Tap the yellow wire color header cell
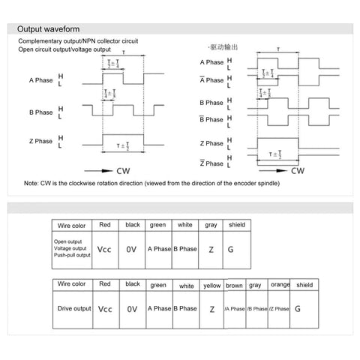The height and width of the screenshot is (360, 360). point(212,285)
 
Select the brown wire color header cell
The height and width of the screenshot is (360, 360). point(235,285)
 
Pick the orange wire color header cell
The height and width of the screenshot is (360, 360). point(280,285)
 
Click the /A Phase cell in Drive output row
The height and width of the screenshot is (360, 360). point(235,309)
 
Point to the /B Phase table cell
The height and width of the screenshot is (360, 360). point(257,309)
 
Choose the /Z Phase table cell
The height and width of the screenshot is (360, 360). point(280,309)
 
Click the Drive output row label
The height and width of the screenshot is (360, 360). point(73,308)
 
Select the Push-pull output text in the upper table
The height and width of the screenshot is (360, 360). point(72,256)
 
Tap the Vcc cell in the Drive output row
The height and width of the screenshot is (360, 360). point(105,308)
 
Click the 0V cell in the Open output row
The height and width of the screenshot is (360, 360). point(132,249)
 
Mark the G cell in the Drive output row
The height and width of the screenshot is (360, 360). point(298,308)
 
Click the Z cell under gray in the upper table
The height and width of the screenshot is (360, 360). point(211,249)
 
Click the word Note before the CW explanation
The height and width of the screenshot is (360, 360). point(31,184)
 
